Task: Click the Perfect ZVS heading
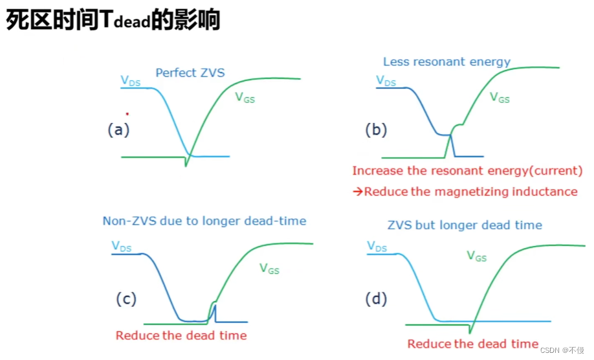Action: (190, 73)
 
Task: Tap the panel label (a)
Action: (118, 129)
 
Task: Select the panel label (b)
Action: (375, 129)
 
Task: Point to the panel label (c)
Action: (126, 298)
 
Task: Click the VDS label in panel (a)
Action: (131, 81)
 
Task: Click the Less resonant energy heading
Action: (446, 62)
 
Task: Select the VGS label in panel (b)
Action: (500, 98)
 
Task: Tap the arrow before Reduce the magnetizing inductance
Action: (357, 192)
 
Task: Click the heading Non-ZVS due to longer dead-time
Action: (204, 221)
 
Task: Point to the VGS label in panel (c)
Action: (269, 267)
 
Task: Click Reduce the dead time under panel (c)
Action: (181, 335)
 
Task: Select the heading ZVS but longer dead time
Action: (465, 225)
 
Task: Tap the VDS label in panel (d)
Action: (378, 246)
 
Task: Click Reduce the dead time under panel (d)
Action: (473, 344)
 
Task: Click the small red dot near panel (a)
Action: (127, 113)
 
